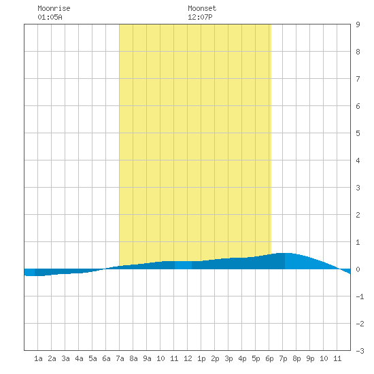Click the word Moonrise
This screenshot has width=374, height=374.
(x=54, y=8)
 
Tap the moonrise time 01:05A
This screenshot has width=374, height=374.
(x=50, y=17)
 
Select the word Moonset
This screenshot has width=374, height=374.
(x=202, y=8)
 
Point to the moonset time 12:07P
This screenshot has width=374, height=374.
(x=200, y=17)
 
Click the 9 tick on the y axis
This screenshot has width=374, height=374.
(x=358, y=24)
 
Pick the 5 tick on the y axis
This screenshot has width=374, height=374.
(x=358, y=133)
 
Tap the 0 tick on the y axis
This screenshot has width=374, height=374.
(x=358, y=269)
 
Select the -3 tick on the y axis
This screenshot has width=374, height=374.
(x=360, y=351)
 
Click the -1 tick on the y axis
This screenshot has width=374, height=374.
(x=360, y=296)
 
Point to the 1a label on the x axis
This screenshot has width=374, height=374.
(x=38, y=358)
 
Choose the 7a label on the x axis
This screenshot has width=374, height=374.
(x=120, y=358)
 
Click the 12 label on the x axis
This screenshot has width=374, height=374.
(x=188, y=358)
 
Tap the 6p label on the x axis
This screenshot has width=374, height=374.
(x=269, y=358)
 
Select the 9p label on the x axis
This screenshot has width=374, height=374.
(x=310, y=358)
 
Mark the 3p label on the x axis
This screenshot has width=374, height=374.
(x=228, y=358)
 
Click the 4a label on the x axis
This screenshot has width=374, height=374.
(x=79, y=358)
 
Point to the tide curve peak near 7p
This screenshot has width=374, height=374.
(x=285, y=253)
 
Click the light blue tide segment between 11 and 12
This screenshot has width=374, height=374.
(x=183, y=265)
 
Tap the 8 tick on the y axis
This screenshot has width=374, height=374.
(x=358, y=52)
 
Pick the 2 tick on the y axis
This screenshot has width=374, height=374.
(x=358, y=215)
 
